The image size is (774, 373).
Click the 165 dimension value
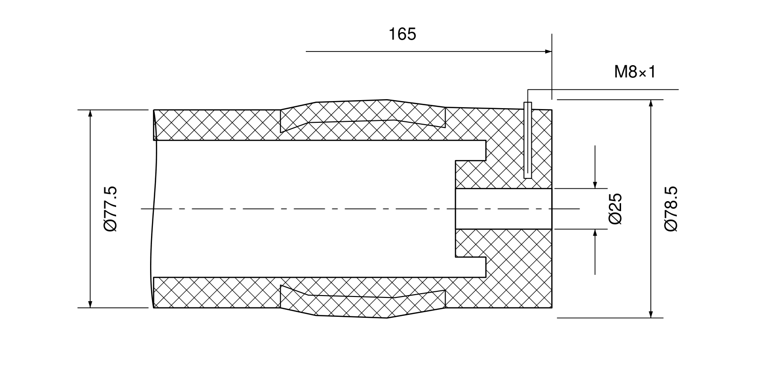402,34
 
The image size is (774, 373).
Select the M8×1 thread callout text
634,72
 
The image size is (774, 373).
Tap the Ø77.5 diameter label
110,209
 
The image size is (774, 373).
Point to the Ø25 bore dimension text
615,209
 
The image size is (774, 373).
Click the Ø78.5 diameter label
671,209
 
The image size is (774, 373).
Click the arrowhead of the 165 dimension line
548,51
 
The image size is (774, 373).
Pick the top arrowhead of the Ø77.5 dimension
91,113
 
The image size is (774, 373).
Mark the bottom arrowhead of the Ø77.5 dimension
91,304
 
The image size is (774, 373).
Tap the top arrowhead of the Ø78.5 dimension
651,103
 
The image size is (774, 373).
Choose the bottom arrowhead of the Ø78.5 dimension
651,314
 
